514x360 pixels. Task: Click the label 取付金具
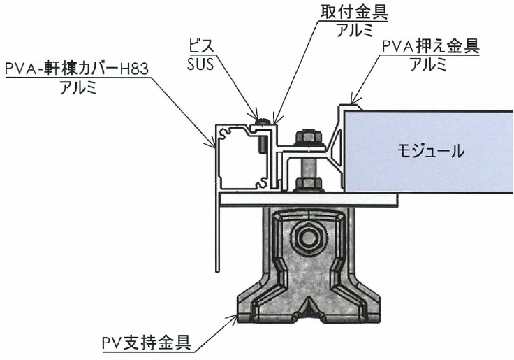(x=353, y=13)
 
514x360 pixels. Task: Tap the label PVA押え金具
(x=431, y=46)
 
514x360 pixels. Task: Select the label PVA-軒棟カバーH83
(x=78, y=69)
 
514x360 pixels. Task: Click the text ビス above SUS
(x=200, y=46)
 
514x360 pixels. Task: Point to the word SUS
(x=200, y=64)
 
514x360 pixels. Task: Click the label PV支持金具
(x=147, y=344)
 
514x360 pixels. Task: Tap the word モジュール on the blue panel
(x=431, y=152)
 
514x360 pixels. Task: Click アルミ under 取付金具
(x=355, y=30)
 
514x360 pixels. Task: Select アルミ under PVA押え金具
(x=428, y=64)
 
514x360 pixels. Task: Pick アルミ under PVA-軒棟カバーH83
(x=78, y=87)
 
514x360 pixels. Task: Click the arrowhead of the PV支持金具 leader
(x=235, y=317)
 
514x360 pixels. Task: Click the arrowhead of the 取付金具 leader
(x=274, y=120)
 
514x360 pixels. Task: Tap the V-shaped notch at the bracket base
(x=309, y=308)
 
